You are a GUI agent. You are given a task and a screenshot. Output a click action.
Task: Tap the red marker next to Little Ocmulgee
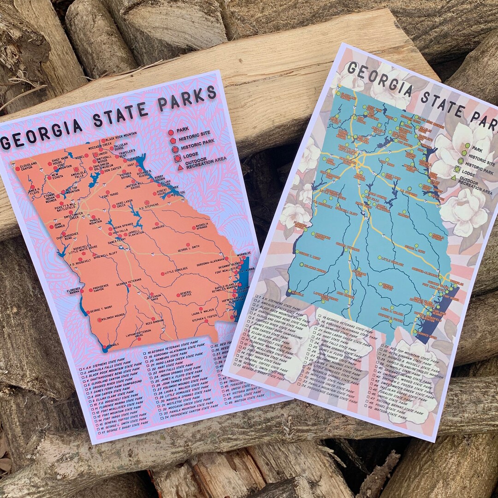tap(163, 273)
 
